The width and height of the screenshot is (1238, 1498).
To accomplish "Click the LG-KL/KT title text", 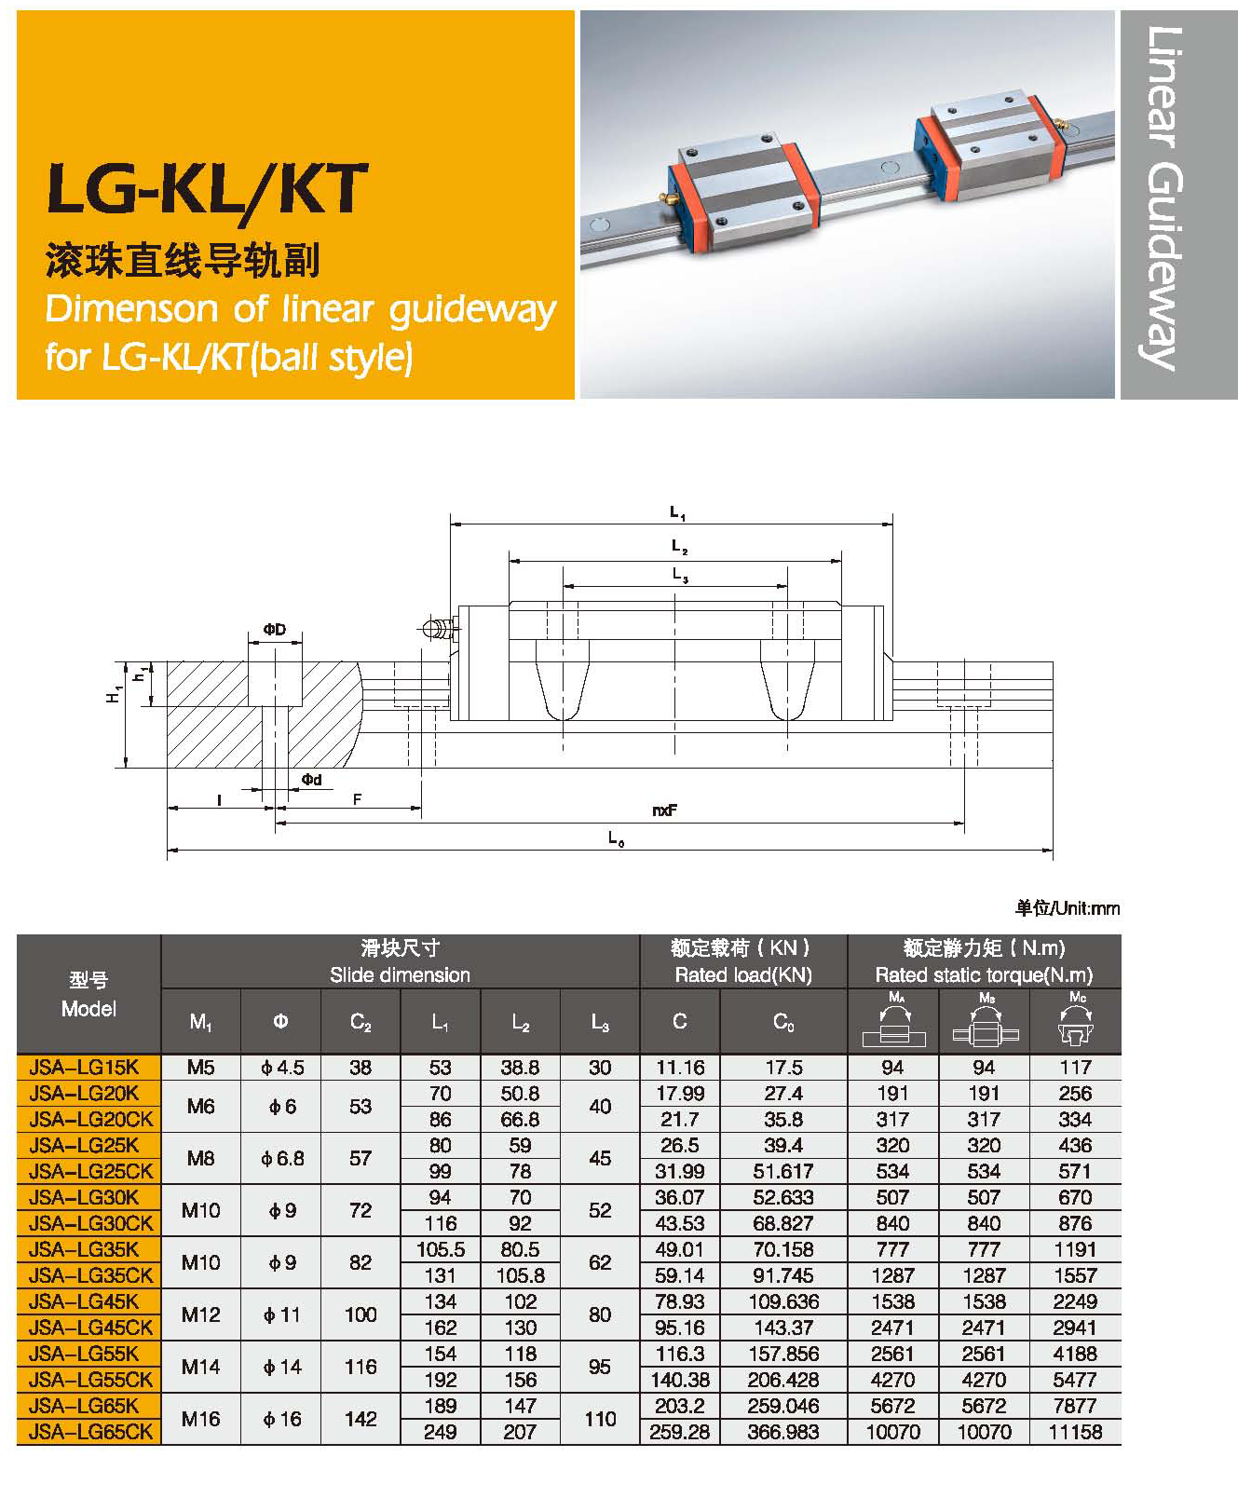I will (208, 190).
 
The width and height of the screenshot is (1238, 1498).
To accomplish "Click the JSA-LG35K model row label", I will (84, 1249).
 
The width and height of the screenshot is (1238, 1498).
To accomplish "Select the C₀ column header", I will (783, 1022).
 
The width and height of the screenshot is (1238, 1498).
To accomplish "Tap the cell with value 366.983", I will (783, 1432).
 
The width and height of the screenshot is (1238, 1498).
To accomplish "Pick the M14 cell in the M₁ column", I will (200, 1367).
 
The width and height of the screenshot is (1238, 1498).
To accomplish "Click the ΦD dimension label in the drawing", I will (274, 630).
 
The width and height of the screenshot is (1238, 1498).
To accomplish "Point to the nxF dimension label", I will (664, 810).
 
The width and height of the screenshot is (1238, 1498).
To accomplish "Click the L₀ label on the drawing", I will (616, 838).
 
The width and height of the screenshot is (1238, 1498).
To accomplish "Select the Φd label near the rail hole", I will (311, 780).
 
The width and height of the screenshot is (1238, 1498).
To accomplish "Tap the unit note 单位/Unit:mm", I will (1067, 908).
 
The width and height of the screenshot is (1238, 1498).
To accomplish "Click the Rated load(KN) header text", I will (742, 975).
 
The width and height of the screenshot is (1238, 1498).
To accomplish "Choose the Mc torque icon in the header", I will (1076, 1022).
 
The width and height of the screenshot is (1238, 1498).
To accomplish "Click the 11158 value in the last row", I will (1075, 1432).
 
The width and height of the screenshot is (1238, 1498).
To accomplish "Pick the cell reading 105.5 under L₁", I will (440, 1249).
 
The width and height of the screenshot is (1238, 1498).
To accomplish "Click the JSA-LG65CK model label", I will (90, 1432).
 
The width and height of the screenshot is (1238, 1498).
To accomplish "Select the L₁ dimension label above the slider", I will (677, 512).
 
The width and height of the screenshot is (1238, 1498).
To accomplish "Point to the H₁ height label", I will (114, 694).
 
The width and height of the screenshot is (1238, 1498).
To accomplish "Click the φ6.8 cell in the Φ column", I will (281, 1158).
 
